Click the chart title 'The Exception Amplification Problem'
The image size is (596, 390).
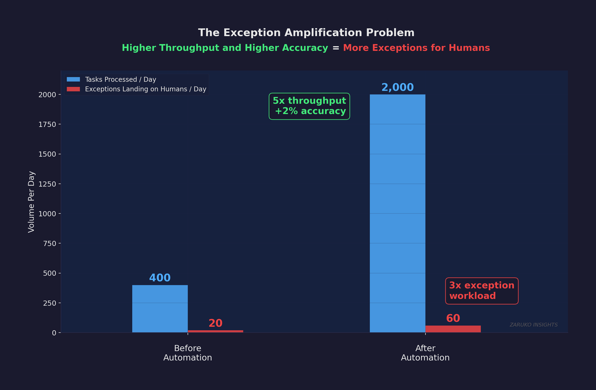(306, 33)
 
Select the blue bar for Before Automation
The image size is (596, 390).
(160, 308)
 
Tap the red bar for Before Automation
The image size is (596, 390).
(215, 331)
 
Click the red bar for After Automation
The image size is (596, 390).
(453, 329)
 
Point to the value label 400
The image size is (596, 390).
(160, 278)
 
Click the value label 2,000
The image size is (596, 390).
(397, 88)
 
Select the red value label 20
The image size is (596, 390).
(215, 323)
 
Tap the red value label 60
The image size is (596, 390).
(453, 318)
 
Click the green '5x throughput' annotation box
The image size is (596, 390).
(309, 106)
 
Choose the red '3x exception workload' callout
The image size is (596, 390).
(481, 291)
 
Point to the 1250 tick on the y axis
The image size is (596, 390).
(48, 184)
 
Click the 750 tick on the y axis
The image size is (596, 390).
(50, 243)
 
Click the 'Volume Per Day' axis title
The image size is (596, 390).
(31, 201)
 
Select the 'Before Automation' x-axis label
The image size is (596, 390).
(188, 353)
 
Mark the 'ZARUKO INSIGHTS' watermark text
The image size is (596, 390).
(533, 325)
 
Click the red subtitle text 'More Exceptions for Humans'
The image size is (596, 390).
(416, 48)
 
